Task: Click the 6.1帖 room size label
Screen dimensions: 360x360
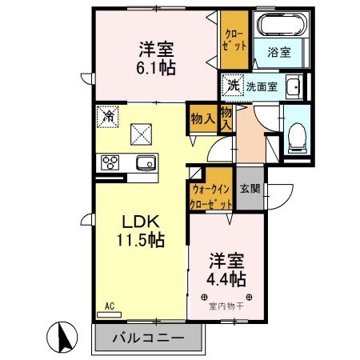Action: point(156,67)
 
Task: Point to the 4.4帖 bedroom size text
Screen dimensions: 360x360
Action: point(226,279)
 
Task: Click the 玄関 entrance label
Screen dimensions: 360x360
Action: point(250,190)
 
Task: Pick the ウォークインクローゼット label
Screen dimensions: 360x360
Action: point(210,196)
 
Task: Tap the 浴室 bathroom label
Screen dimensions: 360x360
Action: point(278,52)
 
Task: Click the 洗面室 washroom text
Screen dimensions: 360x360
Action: point(261,86)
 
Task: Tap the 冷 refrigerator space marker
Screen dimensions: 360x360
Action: point(107,115)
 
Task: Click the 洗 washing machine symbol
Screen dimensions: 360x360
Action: point(233,86)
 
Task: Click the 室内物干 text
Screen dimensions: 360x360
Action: point(226,304)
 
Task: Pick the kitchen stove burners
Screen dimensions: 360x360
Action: point(109,162)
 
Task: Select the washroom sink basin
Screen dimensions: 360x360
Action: point(293,86)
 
